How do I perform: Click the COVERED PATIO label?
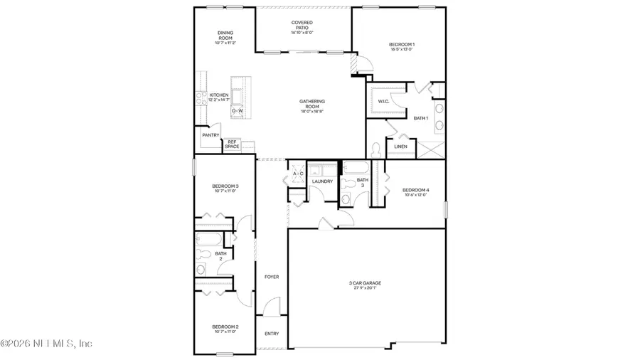coord(303,26)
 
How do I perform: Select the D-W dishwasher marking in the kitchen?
coord(238,111)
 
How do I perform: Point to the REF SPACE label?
coord(232,144)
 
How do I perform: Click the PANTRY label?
coord(210,134)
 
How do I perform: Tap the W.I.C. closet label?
coord(383,100)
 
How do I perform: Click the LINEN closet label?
coord(400,147)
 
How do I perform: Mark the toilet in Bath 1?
coord(375,150)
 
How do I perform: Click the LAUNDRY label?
coord(323,181)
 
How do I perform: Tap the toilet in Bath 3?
coord(348,184)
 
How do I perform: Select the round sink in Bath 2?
coord(201,269)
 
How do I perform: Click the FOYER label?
coord(272,276)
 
